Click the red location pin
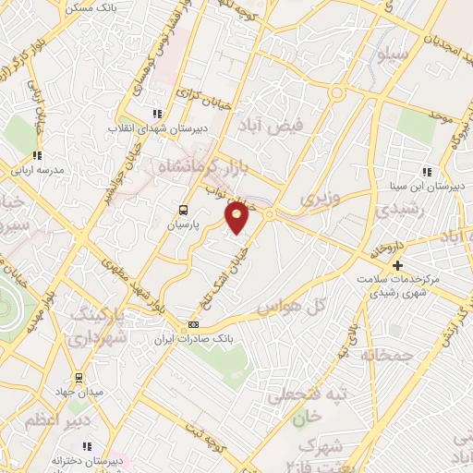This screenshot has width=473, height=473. click(237, 216)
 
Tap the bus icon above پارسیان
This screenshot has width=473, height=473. click(183, 210)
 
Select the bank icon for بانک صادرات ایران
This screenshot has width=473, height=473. click(193, 324)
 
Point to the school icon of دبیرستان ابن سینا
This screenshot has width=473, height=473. click(426, 172)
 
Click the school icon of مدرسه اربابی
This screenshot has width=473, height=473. click(37, 155)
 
